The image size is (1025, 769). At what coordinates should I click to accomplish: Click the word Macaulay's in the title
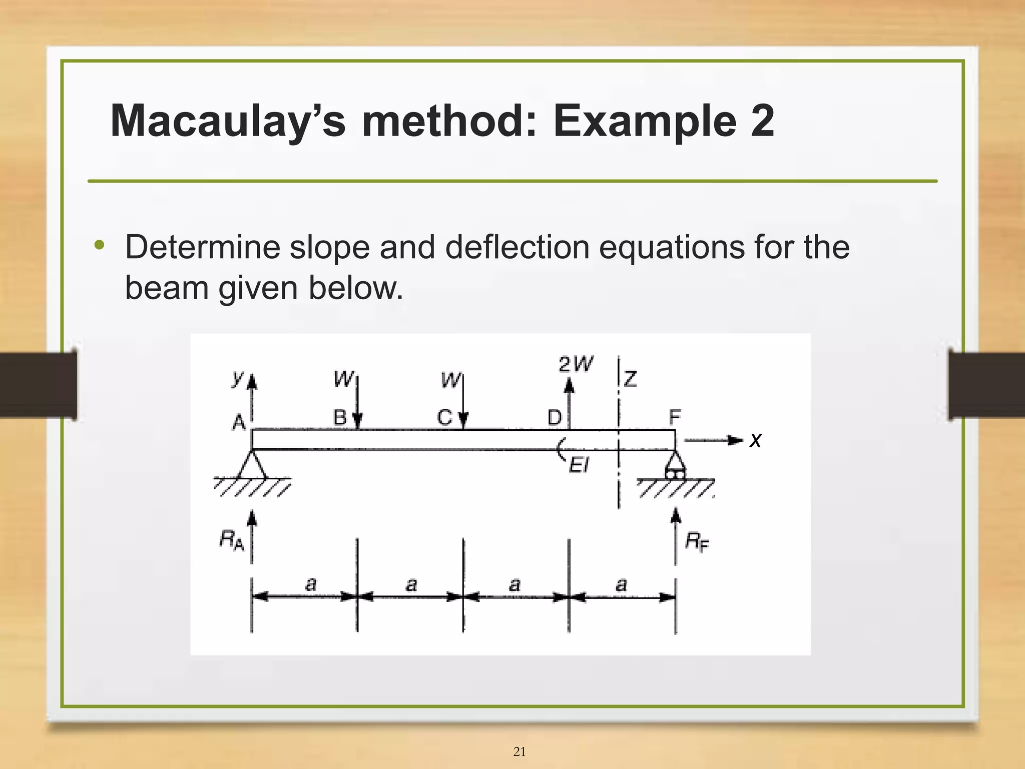228,121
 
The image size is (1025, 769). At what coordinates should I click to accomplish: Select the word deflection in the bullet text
518,247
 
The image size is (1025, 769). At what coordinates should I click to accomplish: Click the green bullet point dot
100,245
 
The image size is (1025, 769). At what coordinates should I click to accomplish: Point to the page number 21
520,751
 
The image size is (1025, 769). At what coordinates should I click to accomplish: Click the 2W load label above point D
576,364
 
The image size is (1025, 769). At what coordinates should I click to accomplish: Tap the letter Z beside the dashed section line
631,379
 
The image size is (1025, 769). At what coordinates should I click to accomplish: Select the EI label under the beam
579,466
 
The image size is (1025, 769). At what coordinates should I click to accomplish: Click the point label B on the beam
340,417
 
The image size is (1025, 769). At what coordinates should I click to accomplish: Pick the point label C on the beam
444,417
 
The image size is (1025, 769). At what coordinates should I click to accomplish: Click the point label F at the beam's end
675,416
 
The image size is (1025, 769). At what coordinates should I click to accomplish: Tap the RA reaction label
232,540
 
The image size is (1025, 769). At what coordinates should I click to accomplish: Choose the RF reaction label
697,541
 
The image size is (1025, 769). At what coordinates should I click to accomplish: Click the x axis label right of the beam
755,440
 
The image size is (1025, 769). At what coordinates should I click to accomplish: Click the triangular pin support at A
252,465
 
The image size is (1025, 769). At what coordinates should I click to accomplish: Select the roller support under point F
675,465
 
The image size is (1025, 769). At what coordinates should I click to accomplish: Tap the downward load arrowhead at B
357,421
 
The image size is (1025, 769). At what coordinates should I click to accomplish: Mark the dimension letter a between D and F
621,584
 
